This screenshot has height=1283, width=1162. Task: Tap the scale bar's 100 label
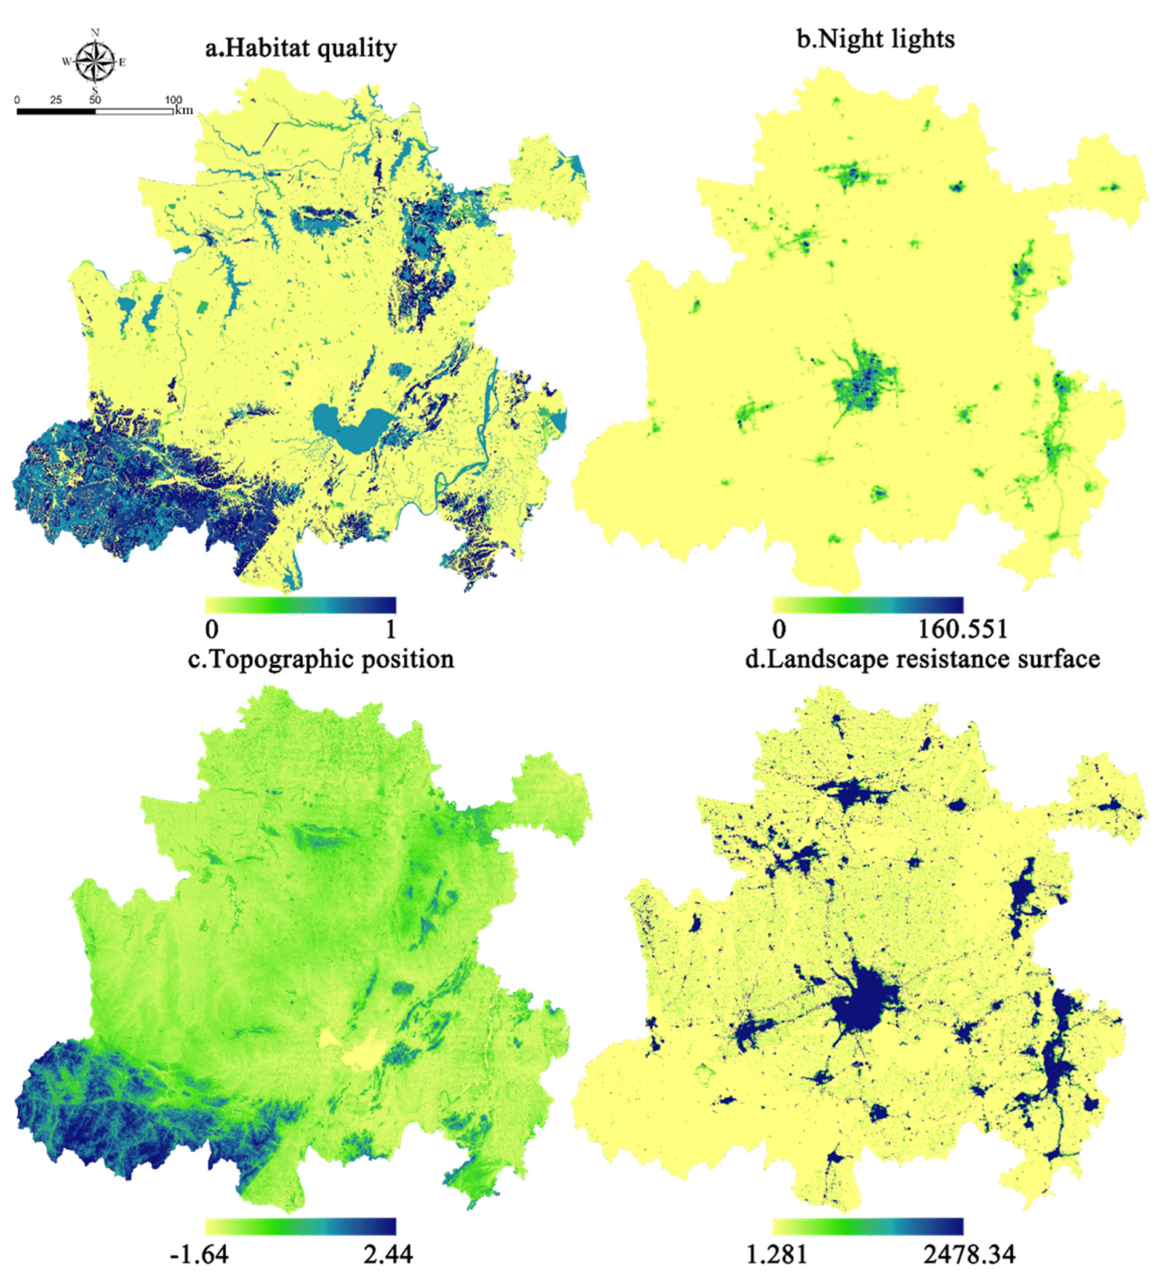tap(173, 100)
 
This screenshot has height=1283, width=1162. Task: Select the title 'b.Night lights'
tap(875, 40)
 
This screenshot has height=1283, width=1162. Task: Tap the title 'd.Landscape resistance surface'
tap(922, 659)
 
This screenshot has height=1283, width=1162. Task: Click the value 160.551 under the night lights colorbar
tap(962, 630)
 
